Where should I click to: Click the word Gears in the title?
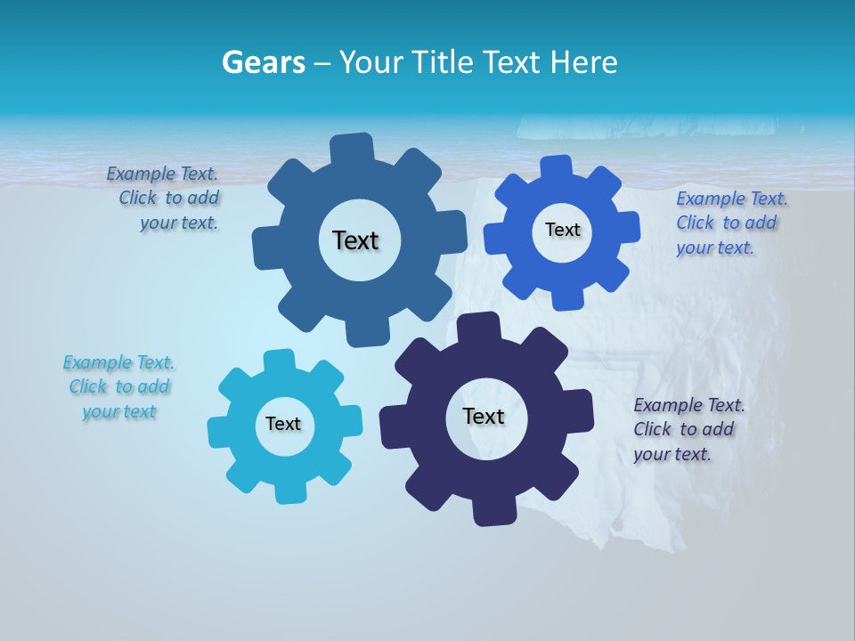coord(263,62)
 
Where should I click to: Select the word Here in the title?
coord(583,62)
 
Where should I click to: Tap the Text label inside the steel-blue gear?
coord(355,240)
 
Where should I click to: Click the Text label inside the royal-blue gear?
coord(562,230)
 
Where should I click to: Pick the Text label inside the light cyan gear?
coord(283,424)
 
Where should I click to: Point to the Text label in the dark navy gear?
coord(484,416)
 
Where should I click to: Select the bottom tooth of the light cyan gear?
coord(286,491)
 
